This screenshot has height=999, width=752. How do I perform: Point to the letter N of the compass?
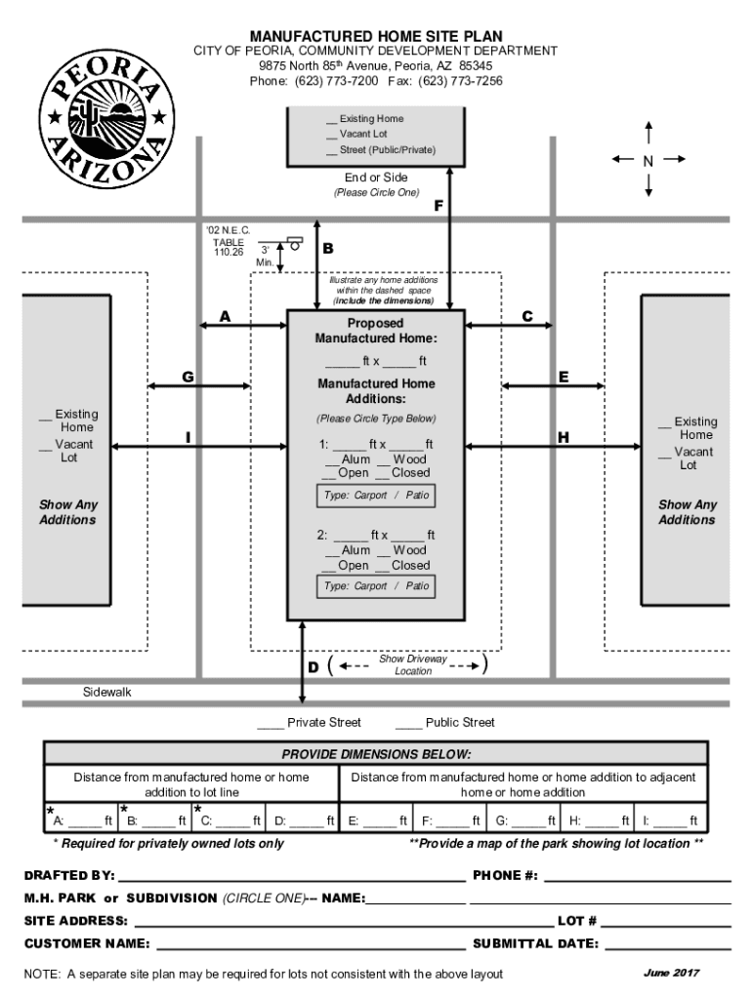[x=648, y=160]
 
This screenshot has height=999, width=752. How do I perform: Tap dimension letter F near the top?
[x=439, y=206]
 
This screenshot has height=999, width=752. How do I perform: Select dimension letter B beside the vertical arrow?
[x=328, y=249]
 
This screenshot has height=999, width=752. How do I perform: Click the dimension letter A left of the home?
[x=225, y=316]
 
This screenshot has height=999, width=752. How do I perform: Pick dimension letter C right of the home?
[x=527, y=316]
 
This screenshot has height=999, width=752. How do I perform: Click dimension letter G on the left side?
[x=187, y=377]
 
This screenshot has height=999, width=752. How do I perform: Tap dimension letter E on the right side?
[x=564, y=377]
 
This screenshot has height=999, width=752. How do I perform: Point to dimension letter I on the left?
[x=187, y=437]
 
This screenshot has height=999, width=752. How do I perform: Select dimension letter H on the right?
[x=564, y=437]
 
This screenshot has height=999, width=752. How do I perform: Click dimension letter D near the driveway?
[x=313, y=667]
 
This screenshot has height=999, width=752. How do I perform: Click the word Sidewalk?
[x=106, y=692]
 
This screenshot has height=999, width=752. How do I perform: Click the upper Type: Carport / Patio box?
[x=376, y=496]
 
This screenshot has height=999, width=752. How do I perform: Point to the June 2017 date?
[x=671, y=973]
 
